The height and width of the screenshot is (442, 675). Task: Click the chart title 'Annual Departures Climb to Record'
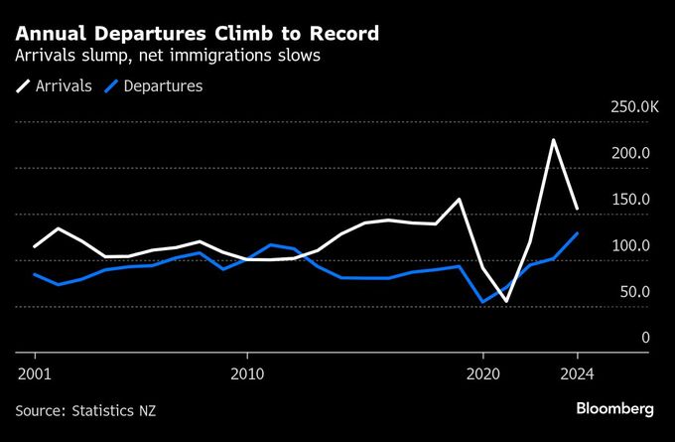pyautogui.click(x=197, y=34)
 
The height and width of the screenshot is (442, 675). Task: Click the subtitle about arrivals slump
pyautogui.click(x=168, y=57)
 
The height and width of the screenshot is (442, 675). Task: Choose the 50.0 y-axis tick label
pyautogui.click(x=633, y=292)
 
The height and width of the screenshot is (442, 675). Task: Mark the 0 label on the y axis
pyautogui.click(x=645, y=338)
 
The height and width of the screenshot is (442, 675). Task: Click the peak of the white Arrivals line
pyautogui.click(x=553, y=140)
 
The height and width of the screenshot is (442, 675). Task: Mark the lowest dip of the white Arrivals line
pyautogui.click(x=506, y=301)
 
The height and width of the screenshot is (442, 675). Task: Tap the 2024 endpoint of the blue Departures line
pyautogui.click(x=578, y=233)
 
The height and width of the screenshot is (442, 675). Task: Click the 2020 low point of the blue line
pyautogui.click(x=482, y=302)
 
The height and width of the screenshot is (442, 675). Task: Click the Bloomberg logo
pyautogui.click(x=615, y=409)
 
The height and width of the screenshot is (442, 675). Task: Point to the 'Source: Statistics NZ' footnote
pyautogui.click(x=85, y=410)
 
